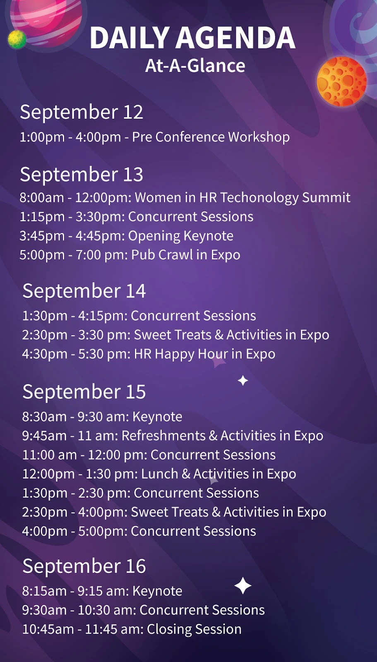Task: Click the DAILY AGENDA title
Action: coord(192,38)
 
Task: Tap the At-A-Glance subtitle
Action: coord(195,66)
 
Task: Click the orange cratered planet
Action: coord(341,81)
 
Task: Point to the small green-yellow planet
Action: coord(17,39)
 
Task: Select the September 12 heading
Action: coord(82,112)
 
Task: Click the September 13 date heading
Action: coord(82,174)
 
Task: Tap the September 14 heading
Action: coord(84,291)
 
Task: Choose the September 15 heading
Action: coord(84,391)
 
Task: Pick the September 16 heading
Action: coord(84,566)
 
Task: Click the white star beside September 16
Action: coord(243,585)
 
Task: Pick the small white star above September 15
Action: coord(243,381)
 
